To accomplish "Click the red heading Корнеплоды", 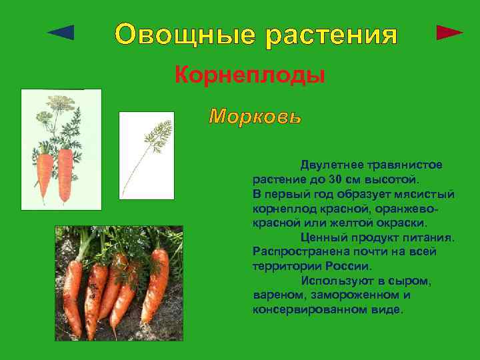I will pyautogui.click(x=250, y=75).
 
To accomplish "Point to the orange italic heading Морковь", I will pyautogui.click(x=255, y=117).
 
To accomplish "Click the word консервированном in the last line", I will pyautogui.click(x=310, y=310).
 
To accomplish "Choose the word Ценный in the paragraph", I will pyautogui.click(x=323, y=237).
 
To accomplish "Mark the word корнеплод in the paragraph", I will pyautogui.click(x=283, y=208).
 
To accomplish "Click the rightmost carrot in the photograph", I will pyautogui.click(x=155, y=287).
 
